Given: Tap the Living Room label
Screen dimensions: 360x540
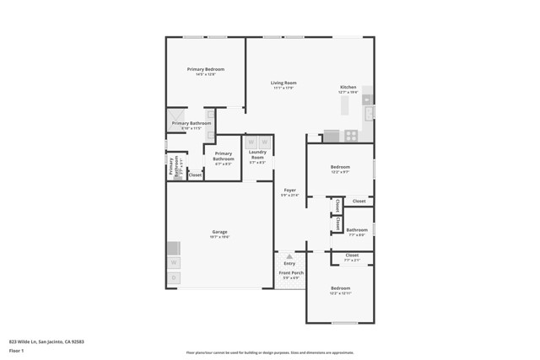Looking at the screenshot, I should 283,83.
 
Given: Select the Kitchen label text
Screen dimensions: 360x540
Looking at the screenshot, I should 348,88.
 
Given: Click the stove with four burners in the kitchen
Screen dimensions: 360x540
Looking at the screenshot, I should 350,135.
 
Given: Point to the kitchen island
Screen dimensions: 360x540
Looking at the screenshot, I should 344,106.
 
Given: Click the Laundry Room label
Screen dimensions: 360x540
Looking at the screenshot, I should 257,155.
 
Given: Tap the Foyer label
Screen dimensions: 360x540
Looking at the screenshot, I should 289,190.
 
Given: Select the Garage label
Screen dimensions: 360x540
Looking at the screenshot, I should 219,232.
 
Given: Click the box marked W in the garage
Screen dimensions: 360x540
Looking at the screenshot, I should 173,262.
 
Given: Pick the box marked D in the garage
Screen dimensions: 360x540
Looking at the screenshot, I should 173,277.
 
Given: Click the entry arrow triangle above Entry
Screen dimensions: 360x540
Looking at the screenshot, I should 289,255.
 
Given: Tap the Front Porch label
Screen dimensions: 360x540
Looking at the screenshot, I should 291,273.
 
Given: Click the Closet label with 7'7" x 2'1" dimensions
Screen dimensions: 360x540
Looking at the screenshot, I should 352,255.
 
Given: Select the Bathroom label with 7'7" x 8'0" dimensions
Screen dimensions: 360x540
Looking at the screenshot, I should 357,229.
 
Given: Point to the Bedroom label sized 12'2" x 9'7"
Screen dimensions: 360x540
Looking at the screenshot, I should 341,168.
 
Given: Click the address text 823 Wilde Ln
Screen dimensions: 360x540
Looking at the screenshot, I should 46,341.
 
